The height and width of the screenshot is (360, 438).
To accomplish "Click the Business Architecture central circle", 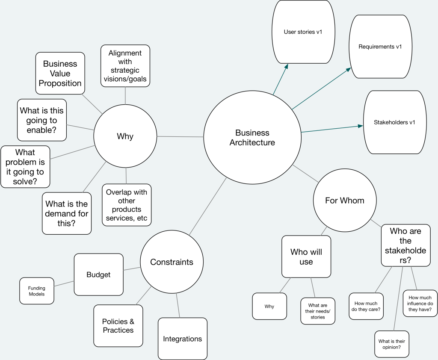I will (x=252, y=138).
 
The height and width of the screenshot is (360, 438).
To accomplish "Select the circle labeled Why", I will (x=125, y=136).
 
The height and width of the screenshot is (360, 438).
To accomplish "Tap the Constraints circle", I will (x=172, y=262).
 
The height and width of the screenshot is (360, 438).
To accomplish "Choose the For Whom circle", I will (x=345, y=201).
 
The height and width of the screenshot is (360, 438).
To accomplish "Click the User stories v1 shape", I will (x=303, y=32).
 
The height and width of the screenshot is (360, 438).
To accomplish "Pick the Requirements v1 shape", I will (x=380, y=47).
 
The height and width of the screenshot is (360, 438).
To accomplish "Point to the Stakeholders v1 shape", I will (x=394, y=122).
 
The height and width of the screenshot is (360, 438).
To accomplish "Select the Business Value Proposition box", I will (x=60, y=73).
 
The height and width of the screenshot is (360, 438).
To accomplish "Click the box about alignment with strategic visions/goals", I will (x=125, y=66).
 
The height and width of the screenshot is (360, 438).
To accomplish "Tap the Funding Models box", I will (x=37, y=291).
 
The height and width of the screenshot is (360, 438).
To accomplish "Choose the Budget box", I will (x=98, y=274).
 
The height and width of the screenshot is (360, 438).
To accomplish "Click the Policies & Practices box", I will (x=118, y=326).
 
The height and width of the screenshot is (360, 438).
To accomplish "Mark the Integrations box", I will (x=182, y=339).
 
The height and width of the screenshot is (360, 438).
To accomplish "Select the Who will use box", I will (x=306, y=257).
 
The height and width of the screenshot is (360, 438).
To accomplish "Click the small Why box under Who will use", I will (x=269, y=306).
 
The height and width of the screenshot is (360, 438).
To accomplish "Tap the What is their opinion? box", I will (x=392, y=344).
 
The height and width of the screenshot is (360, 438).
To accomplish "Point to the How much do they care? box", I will (x=366, y=306).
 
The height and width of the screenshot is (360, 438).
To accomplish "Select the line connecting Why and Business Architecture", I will (x=180, y=136).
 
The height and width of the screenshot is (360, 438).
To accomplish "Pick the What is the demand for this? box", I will (x=66, y=213).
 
